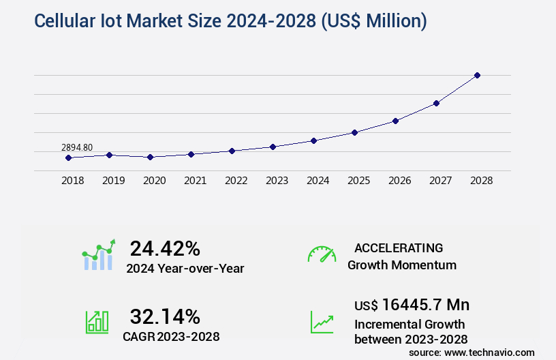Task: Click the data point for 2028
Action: (x=477, y=75)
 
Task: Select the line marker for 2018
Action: (x=68, y=157)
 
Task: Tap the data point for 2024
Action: (x=313, y=140)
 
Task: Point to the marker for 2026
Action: (x=395, y=121)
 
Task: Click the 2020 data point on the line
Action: (x=150, y=157)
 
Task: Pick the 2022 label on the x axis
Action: (x=236, y=181)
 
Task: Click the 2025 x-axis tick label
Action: (x=358, y=181)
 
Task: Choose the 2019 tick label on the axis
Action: (x=113, y=181)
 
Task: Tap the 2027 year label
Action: (x=440, y=181)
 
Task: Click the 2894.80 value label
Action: (x=77, y=147)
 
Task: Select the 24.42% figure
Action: (x=165, y=248)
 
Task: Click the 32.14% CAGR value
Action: (x=165, y=316)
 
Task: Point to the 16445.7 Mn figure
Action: (x=425, y=305)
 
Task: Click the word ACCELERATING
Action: (x=399, y=248)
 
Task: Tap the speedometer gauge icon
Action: (x=322, y=254)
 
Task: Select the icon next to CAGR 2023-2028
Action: (x=97, y=322)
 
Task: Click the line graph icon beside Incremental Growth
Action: (x=322, y=322)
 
